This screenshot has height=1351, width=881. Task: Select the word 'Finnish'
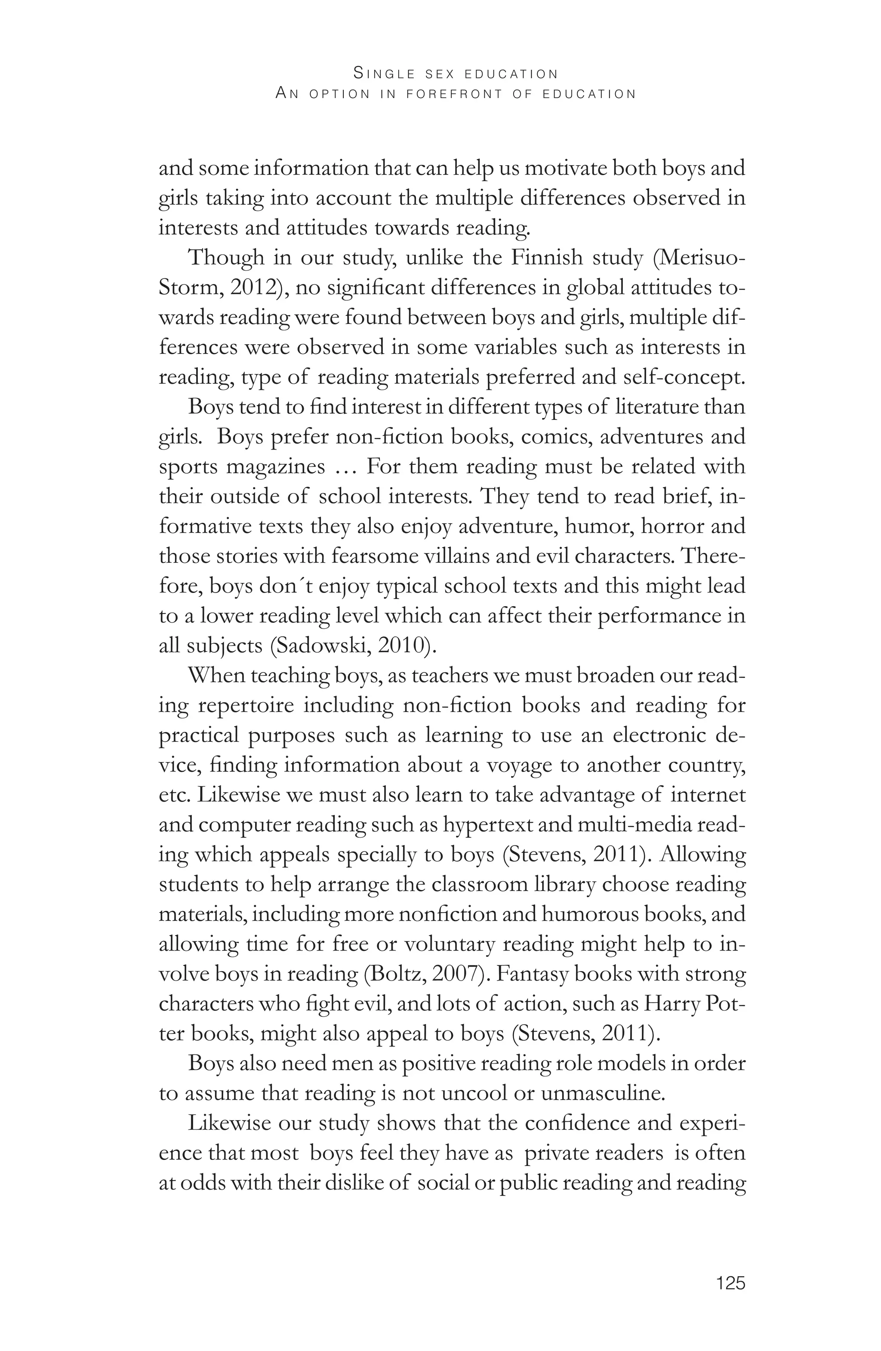coord(547,258)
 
